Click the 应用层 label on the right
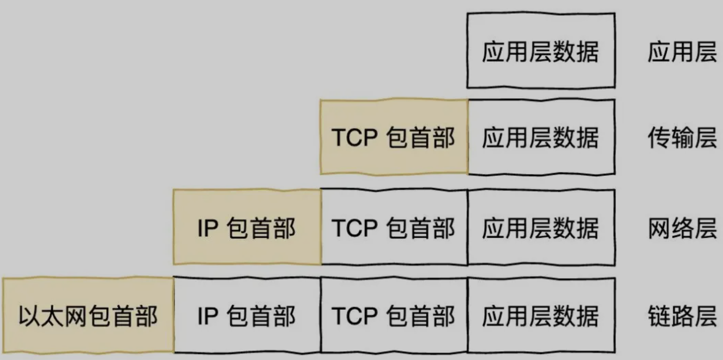[682, 52]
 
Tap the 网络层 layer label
[682, 228]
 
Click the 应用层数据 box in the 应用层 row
[540, 52]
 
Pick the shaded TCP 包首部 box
[394, 138]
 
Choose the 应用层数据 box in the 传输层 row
[540, 138]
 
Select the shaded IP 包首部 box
[247, 228]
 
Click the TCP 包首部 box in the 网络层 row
[394, 228]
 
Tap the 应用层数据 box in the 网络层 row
[540, 228]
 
